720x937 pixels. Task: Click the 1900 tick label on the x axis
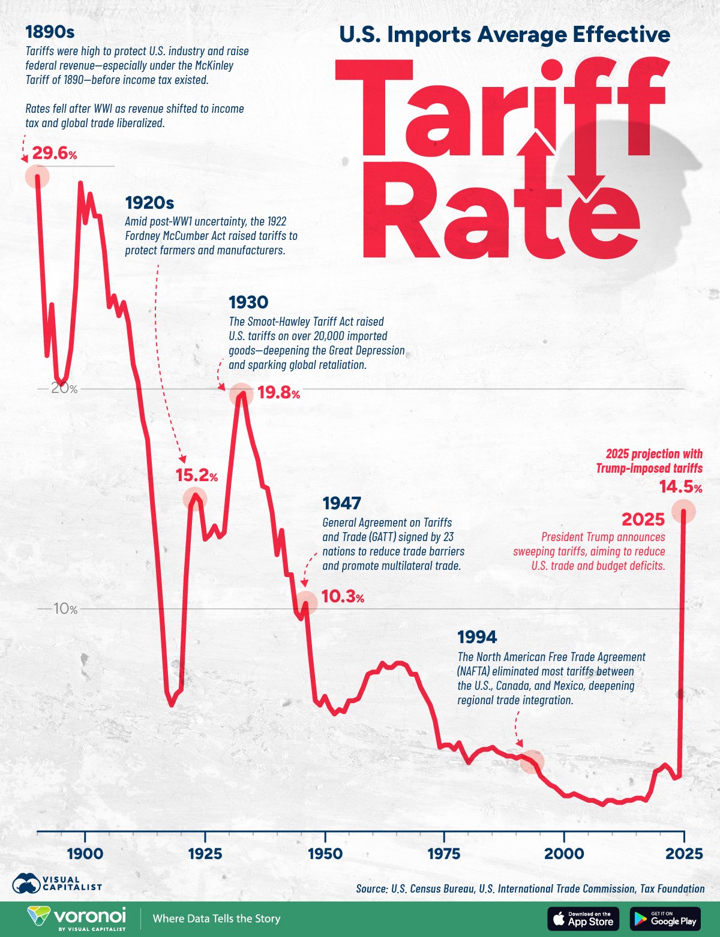(85, 854)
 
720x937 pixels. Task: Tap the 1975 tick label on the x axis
(444, 854)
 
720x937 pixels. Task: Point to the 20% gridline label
(64, 389)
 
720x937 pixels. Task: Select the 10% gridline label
(65, 609)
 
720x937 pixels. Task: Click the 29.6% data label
(55, 154)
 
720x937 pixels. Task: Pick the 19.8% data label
(278, 394)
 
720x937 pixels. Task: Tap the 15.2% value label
(196, 476)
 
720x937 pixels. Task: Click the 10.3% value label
(343, 597)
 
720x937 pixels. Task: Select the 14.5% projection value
(680, 487)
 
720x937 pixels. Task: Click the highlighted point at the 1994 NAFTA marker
(532, 761)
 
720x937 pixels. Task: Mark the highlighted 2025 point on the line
(683, 512)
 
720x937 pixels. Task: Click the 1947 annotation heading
(342, 503)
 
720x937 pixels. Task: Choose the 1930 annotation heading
(248, 302)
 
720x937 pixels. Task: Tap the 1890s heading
(50, 32)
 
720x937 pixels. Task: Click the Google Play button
(666, 918)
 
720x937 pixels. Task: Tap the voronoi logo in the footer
(77, 918)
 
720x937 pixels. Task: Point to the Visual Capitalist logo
(57, 883)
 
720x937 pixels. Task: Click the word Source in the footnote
(371, 888)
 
